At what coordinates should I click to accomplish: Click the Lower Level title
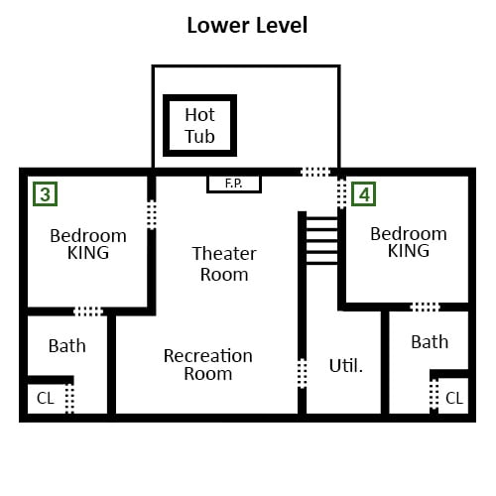247,26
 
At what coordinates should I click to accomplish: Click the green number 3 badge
46,194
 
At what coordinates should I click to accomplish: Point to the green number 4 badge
363,194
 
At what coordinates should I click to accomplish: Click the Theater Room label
224,264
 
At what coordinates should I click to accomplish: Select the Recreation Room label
208,365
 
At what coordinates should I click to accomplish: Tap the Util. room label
346,366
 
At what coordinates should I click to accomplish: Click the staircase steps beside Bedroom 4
322,241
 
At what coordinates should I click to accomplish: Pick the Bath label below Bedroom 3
67,346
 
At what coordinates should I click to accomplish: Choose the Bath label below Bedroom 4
430,342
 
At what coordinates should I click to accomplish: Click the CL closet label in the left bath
46,398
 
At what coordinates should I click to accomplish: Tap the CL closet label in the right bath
454,398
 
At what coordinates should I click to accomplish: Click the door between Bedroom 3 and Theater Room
152,214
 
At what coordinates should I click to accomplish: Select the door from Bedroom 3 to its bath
88,311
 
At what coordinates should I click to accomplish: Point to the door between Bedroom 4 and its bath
425,307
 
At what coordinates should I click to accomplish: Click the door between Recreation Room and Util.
302,373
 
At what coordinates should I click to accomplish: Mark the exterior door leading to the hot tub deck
315,172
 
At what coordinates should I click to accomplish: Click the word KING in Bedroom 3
88,253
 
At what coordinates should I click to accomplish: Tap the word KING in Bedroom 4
409,251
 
